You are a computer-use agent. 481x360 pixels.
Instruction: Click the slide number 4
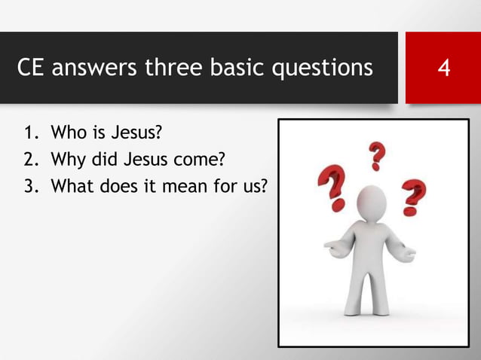tap(444, 69)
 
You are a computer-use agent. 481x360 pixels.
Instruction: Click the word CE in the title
tap(32, 69)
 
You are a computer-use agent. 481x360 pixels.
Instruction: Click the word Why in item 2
tap(65, 160)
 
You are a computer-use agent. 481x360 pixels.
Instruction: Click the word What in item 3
tap(69, 185)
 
